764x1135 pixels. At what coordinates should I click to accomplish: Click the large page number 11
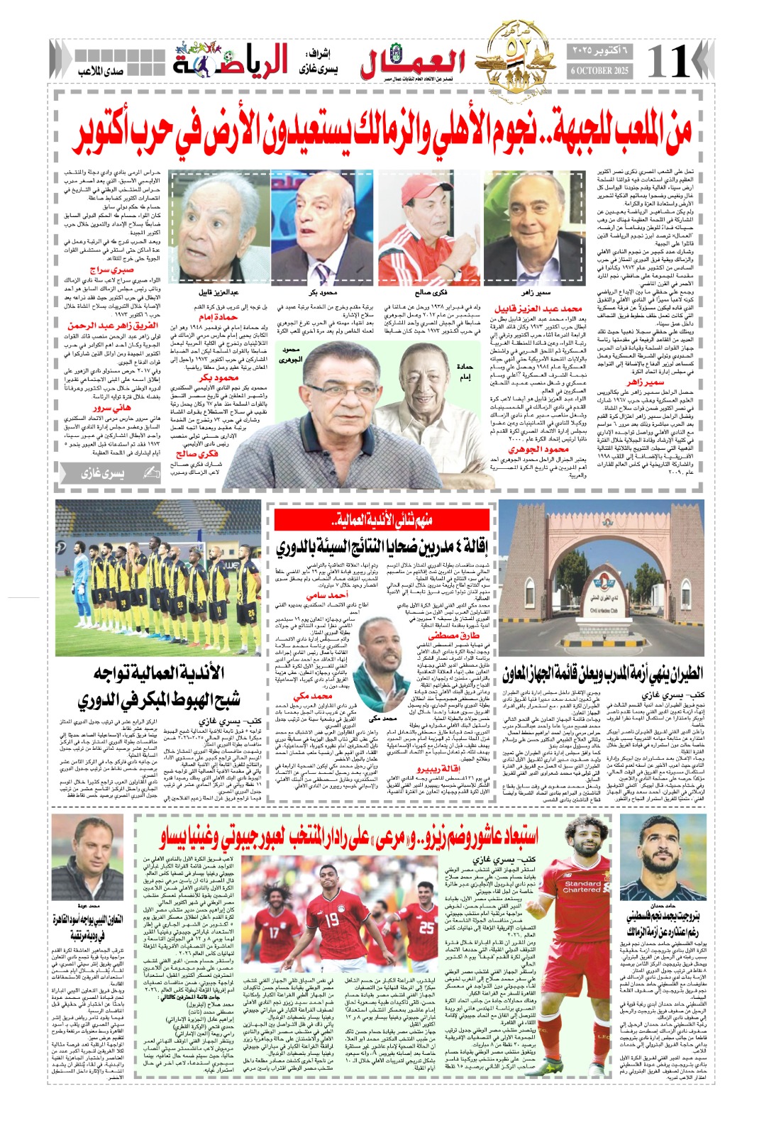tap(668, 61)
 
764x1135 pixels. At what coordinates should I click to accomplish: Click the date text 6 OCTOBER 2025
tap(600, 71)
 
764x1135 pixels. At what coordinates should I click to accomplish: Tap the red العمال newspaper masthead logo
tap(412, 63)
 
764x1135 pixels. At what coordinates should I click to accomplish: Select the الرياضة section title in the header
tap(231, 61)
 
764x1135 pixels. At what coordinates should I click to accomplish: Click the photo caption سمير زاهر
tap(536, 292)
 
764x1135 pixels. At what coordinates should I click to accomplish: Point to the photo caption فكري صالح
tap(431, 292)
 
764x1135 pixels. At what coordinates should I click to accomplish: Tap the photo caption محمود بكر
tap(323, 292)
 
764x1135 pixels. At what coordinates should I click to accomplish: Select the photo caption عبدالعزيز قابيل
tap(219, 292)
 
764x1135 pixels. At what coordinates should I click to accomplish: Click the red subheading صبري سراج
tap(111, 270)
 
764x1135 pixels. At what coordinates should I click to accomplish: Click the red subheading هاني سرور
tap(111, 408)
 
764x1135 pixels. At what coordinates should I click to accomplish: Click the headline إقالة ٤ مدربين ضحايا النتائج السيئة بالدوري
tap(382, 546)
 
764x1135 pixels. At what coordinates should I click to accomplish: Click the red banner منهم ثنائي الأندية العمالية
tap(382, 520)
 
